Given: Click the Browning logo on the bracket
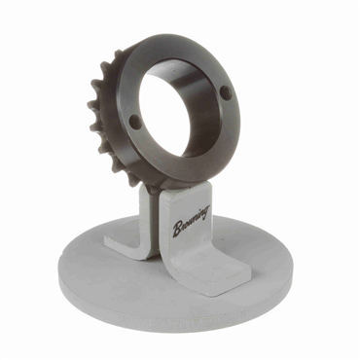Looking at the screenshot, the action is (192, 221).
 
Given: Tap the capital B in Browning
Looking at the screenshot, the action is (178, 229).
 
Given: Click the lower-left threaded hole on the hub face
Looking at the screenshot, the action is (133, 121).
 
